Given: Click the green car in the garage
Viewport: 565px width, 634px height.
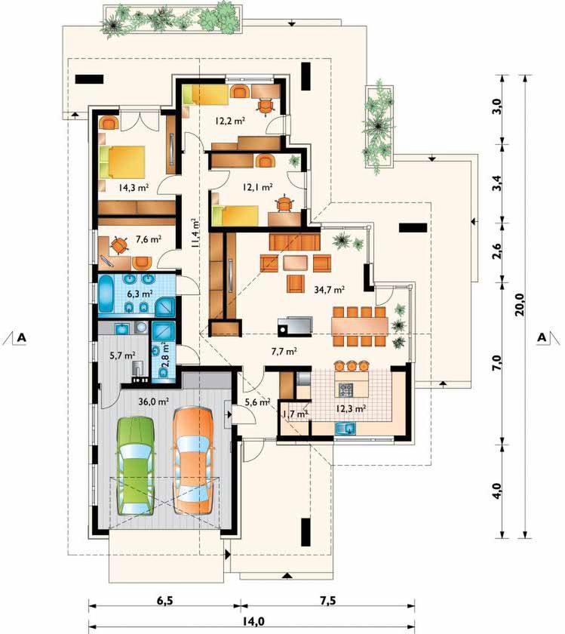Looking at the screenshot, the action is pyautogui.click(x=137, y=466).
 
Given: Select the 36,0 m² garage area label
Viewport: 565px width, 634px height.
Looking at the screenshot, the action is pyautogui.click(x=154, y=402).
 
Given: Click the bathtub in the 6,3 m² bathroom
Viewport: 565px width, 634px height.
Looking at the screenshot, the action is pyautogui.click(x=107, y=294).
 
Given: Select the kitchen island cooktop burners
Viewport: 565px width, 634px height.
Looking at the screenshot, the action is pyautogui.click(x=345, y=389).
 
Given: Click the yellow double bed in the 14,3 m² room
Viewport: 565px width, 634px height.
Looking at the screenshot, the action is pyautogui.click(x=122, y=162).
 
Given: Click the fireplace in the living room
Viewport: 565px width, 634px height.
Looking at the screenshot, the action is pyautogui.click(x=295, y=326).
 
